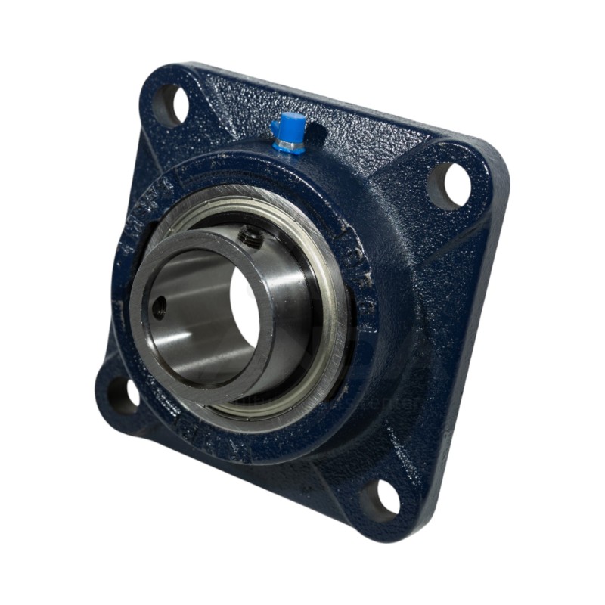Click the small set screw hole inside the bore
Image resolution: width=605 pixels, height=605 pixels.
pyautogui.click(x=160, y=306)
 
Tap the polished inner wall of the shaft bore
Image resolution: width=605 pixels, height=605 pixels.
pyautogui.click(x=189, y=318)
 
